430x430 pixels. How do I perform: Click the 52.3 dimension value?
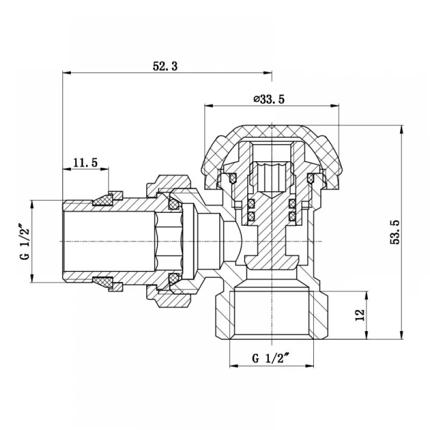[x=165, y=66]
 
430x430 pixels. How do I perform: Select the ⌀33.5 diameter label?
[x=269, y=99]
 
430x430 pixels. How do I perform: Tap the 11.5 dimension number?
[x=85, y=163]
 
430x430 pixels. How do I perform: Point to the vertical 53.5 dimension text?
[x=395, y=232]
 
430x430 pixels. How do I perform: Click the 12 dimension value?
[x=359, y=315]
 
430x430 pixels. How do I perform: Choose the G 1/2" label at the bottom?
[x=270, y=358]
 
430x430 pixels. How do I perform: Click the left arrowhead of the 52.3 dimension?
[x=67, y=73]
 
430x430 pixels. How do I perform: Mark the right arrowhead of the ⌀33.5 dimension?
[x=335, y=106]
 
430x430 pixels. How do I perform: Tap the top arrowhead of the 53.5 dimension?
[x=402, y=129]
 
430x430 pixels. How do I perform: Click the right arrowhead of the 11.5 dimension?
[x=104, y=169]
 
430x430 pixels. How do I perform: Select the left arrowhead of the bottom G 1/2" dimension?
[x=233, y=366]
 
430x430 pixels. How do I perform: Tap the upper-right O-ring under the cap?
[x=311, y=178]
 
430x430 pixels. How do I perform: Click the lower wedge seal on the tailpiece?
[x=103, y=283]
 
